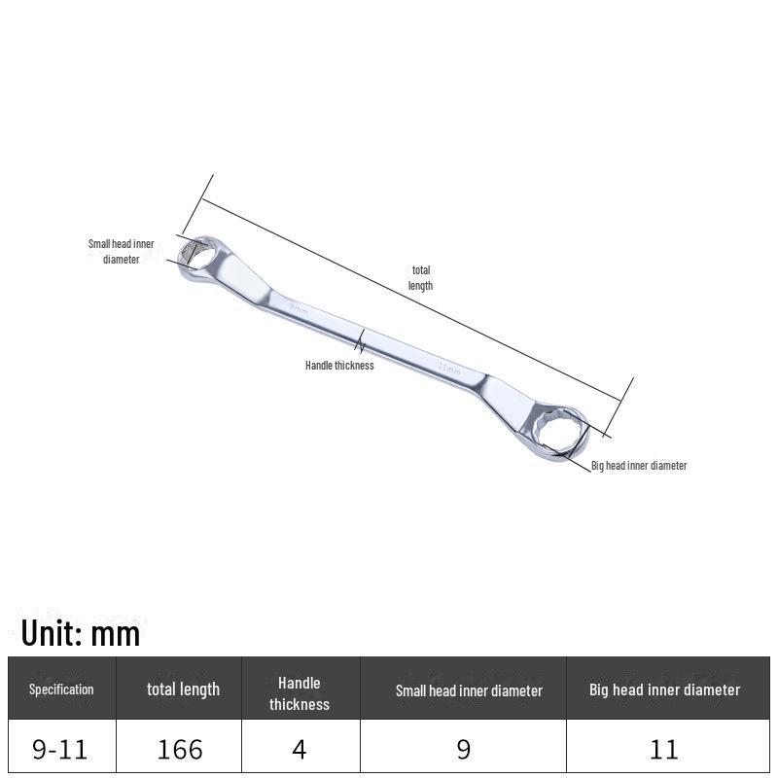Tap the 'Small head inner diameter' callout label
point(121,252)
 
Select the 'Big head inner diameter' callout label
point(639,466)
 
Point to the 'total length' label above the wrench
point(421,278)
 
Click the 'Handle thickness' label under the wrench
point(339,366)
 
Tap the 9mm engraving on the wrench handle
point(299,309)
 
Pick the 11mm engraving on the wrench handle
point(449,370)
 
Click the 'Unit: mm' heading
point(81,634)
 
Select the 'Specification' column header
point(61,690)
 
